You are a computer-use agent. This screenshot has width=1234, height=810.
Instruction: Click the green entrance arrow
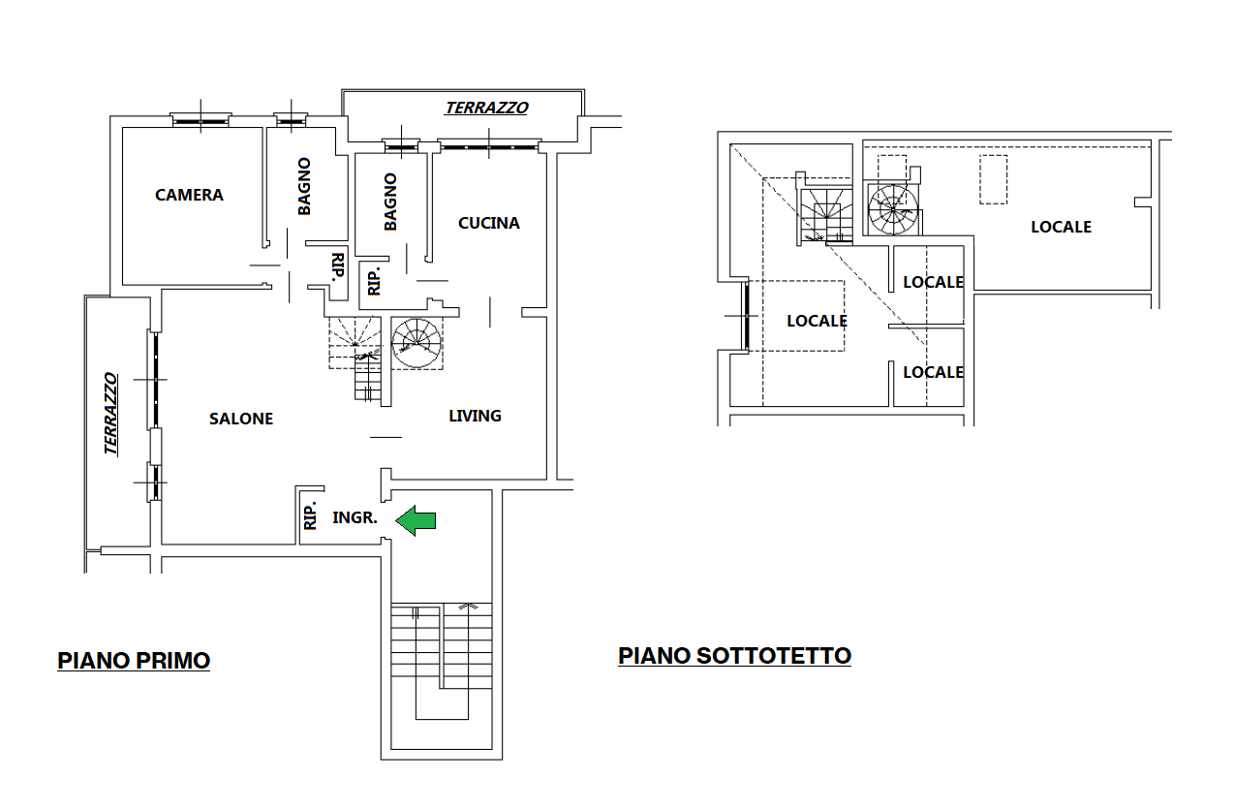pyautogui.click(x=416, y=520)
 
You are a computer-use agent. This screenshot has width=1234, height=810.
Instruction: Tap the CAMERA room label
pyautogui.click(x=189, y=195)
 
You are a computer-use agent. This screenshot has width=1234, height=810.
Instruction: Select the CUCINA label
pyautogui.click(x=488, y=223)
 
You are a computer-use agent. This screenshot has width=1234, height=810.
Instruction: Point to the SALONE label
pyautogui.click(x=241, y=419)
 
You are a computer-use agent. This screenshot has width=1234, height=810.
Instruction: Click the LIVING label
pyautogui.click(x=475, y=416)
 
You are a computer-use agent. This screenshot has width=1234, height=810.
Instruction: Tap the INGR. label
pyautogui.click(x=355, y=518)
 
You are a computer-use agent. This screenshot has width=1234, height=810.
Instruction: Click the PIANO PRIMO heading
pyautogui.click(x=134, y=661)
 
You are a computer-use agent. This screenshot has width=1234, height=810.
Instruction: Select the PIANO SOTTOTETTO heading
pyautogui.click(x=734, y=656)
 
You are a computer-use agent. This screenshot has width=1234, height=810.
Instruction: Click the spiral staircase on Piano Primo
pyautogui.click(x=416, y=343)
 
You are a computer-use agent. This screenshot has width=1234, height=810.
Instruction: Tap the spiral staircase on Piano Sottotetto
pyautogui.click(x=893, y=210)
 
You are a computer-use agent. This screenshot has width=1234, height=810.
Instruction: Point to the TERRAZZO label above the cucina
pyautogui.click(x=486, y=108)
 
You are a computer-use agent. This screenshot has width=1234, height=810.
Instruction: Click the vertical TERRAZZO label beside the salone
pyautogui.click(x=110, y=414)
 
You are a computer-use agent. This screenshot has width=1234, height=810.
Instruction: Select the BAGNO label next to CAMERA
pyautogui.click(x=304, y=186)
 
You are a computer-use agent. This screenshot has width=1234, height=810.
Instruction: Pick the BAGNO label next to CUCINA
pyautogui.click(x=390, y=202)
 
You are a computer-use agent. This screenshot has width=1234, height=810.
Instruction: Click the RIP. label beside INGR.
pyautogui.click(x=310, y=515)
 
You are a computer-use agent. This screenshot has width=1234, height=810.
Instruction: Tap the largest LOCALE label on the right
pyautogui.click(x=1061, y=227)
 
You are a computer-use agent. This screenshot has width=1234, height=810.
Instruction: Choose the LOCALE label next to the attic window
pyautogui.click(x=817, y=321)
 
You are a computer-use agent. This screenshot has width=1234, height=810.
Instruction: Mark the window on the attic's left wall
pyautogui.click(x=746, y=316)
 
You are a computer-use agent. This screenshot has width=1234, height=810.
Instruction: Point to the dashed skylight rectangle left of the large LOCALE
pyautogui.click(x=993, y=179)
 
